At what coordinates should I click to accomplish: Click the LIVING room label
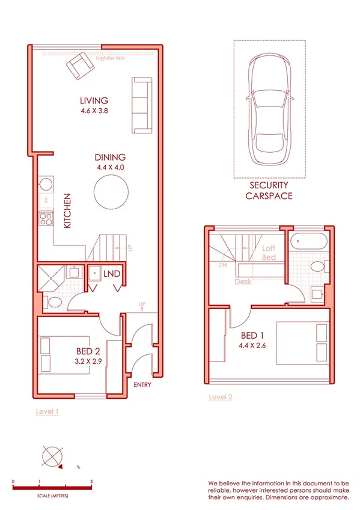click(94, 100)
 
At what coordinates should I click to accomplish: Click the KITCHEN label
click(68, 210)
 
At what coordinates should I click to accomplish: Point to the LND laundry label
click(112, 274)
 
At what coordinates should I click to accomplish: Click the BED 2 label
click(88, 351)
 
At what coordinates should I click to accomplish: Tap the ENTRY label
click(142, 385)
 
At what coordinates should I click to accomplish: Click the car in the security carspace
click(269, 111)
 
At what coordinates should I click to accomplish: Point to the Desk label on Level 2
click(243, 281)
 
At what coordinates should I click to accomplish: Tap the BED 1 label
click(251, 336)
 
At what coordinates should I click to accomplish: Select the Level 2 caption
click(221, 397)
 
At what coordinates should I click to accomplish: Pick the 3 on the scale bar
click(91, 482)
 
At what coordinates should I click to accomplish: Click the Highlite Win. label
click(111, 59)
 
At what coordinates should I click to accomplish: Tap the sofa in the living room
click(141, 105)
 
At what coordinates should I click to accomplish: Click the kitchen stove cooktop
click(46, 218)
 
